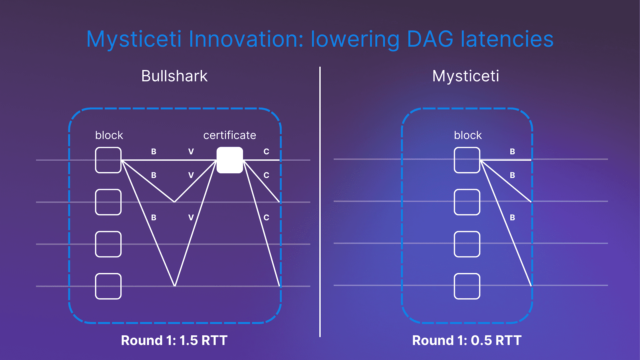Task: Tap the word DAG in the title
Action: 430,39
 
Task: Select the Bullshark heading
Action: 174,76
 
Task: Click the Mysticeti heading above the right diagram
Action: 466,76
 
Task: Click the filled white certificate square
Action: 230,160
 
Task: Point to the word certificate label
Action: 230,135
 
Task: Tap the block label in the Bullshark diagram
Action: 109,135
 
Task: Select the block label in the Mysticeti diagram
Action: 468,135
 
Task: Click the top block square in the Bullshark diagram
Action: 108,160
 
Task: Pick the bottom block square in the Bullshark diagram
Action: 108,286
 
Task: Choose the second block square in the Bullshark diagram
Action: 108,202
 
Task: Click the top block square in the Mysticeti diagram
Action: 467,160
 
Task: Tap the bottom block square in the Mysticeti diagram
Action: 467,286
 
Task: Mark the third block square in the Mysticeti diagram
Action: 467,244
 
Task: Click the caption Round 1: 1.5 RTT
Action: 174,340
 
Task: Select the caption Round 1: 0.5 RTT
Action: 467,340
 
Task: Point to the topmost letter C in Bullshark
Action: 266,152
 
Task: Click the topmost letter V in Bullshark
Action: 191,152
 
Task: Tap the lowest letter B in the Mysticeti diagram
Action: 512,218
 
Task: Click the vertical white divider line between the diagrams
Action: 320,202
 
